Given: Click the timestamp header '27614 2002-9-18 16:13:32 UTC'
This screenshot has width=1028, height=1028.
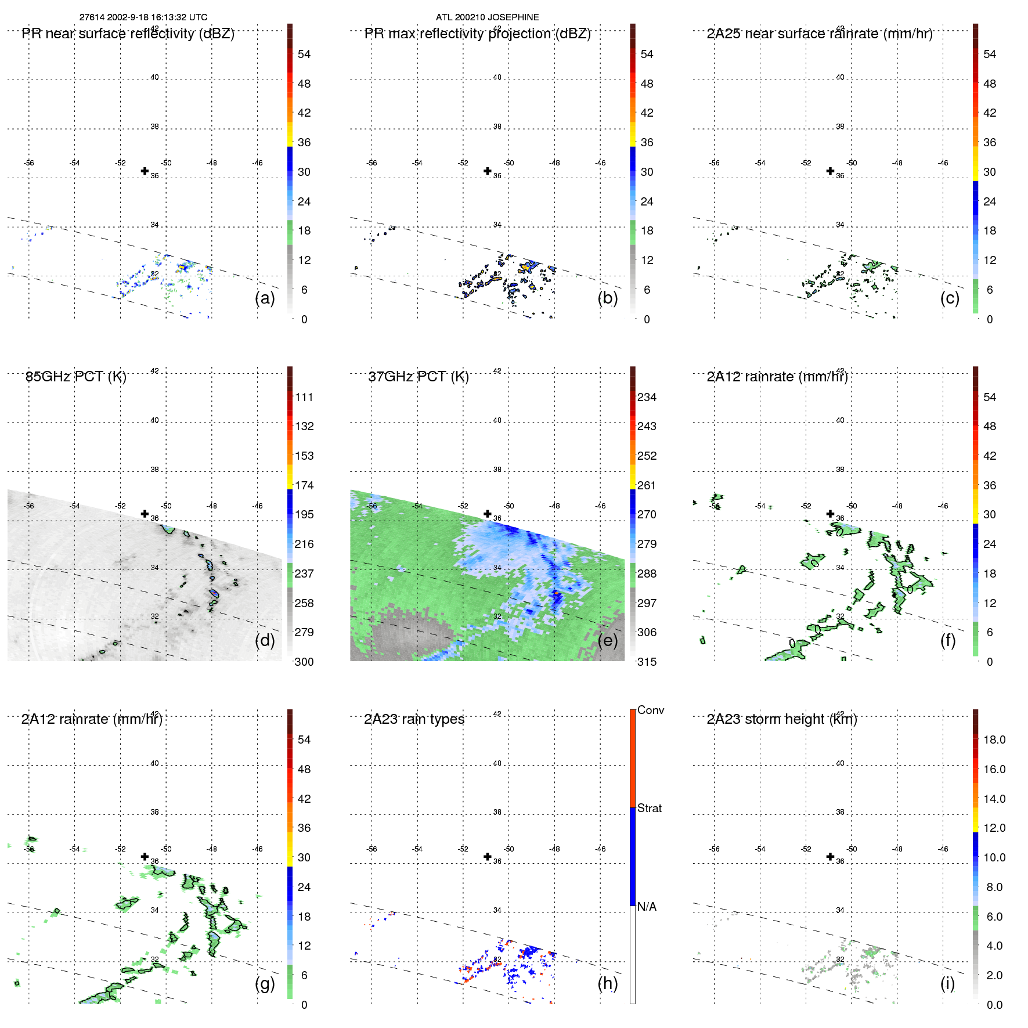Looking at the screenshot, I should point(143,17).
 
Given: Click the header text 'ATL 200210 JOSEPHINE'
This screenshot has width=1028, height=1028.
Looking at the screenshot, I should point(487,17).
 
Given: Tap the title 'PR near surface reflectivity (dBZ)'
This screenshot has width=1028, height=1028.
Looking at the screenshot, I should point(128,34).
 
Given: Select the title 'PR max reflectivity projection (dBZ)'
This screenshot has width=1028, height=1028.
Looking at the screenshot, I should point(477,34).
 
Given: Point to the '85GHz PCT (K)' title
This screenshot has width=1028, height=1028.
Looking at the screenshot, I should point(75,377).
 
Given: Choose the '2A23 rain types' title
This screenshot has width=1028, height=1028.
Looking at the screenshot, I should point(414,719).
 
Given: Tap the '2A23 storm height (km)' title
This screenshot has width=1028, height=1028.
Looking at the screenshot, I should point(781,719).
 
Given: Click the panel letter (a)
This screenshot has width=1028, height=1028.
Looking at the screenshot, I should point(265,298).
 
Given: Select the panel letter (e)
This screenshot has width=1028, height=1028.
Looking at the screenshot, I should point(607,640).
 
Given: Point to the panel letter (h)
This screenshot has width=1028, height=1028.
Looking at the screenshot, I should point(607,983).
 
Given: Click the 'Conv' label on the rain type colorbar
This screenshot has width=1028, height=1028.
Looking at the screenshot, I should point(650,710).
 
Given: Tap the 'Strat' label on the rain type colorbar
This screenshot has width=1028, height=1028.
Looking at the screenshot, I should point(649,808).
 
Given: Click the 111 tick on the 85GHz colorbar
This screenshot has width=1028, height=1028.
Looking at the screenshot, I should point(304,397).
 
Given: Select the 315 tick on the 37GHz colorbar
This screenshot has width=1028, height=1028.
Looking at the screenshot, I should point(647,662).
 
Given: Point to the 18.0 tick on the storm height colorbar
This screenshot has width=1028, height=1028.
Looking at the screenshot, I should point(994,740).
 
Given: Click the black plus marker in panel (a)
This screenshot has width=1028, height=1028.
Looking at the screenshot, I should point(145,171).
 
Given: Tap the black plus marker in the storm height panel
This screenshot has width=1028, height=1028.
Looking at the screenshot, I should point(830,856).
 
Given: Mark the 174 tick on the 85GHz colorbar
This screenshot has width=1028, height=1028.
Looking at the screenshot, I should point(304,485).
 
